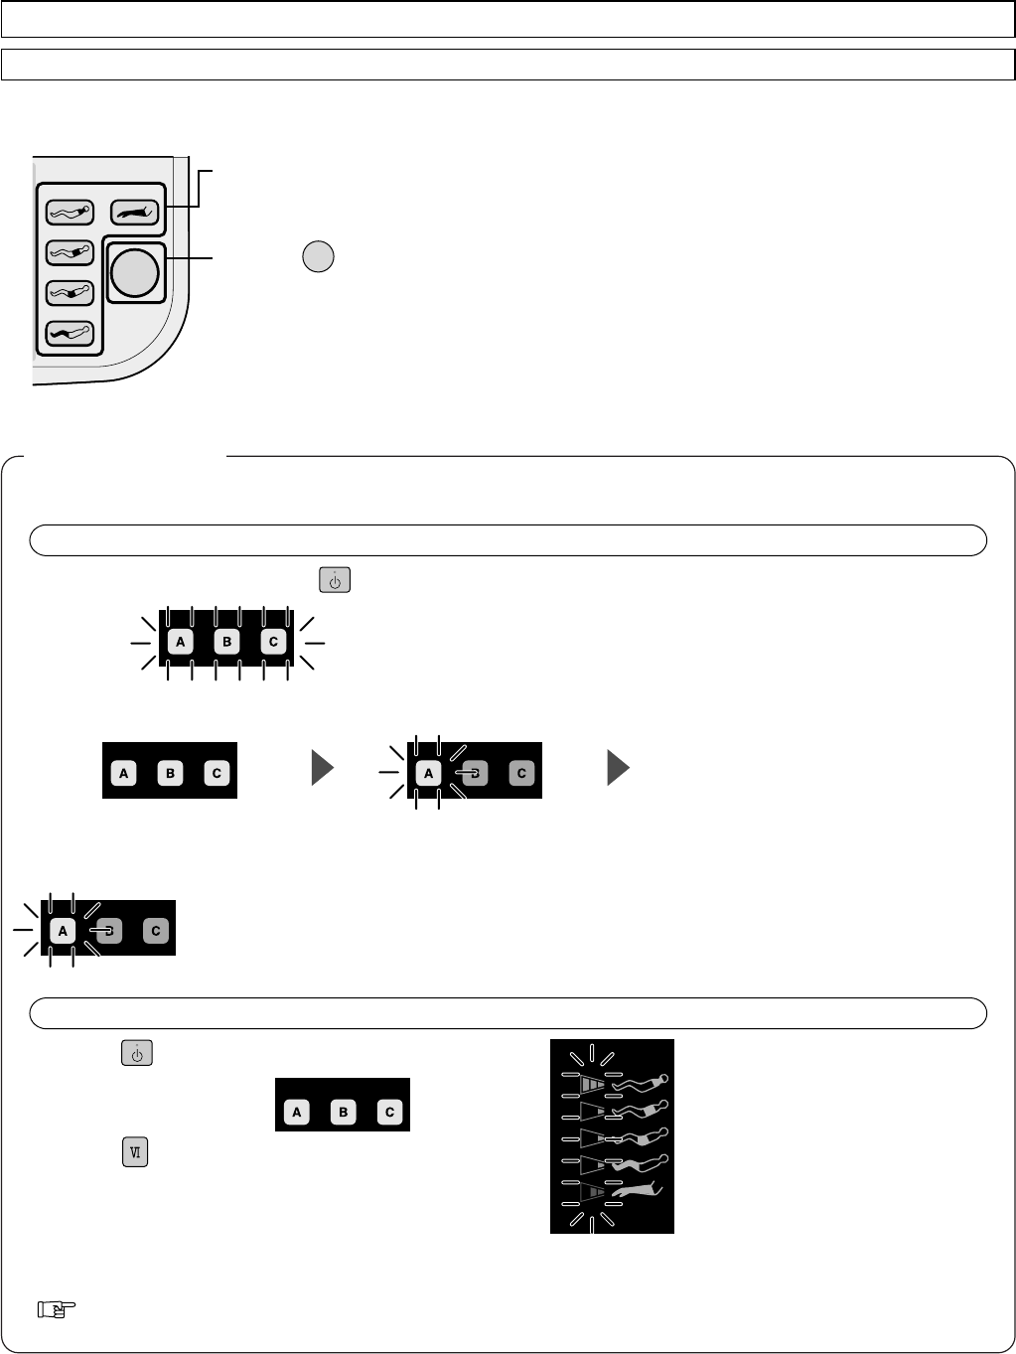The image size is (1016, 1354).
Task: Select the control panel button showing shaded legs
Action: tap(70, 332)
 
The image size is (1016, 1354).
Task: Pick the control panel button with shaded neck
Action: tap(70, 212)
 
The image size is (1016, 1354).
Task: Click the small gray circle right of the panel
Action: tap(317, 256)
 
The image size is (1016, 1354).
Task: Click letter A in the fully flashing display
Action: tap(180, 643)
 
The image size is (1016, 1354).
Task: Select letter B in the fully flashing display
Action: tap(227, 643)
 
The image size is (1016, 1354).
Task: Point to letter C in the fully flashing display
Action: tap(274, 643)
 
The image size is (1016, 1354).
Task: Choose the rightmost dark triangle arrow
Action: tap(618, 769)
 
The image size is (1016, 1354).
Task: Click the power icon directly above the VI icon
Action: tap(137, 1053)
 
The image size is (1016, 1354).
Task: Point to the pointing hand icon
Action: tap(51, 1310)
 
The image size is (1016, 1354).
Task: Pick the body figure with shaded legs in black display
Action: tap(639, 1161)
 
